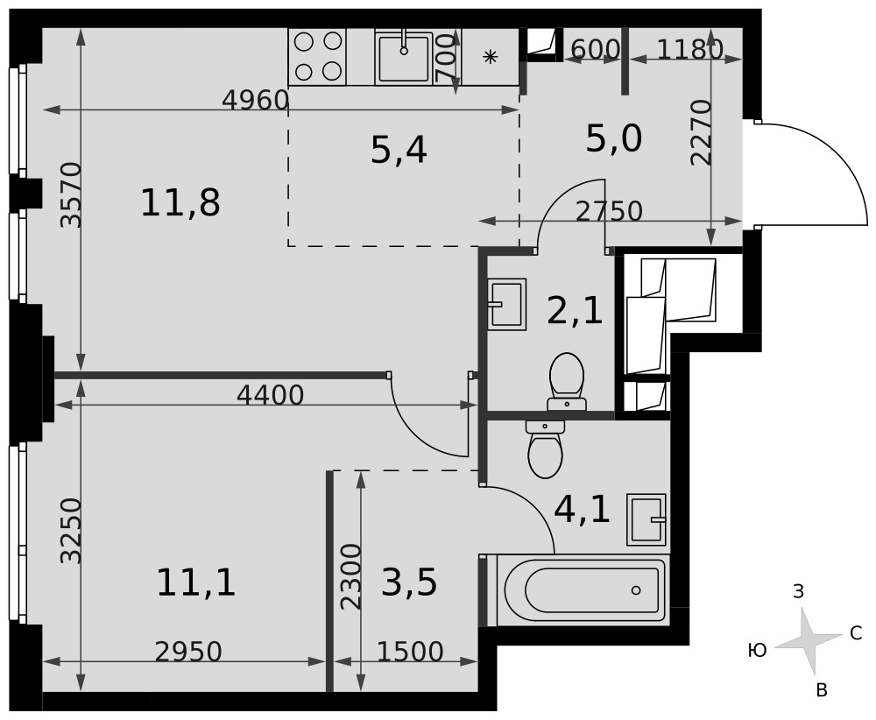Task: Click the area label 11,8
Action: (x=180, y=202)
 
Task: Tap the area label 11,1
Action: (x=195, y=582)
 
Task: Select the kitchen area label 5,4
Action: (x=399, y=150)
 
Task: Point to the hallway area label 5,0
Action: (x=613, y=138)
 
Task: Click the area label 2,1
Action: (x=575, y=311)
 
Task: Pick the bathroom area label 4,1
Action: (x=582, y=509)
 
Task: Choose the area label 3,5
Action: (x=409, y=582)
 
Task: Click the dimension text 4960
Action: (x=255, y=101)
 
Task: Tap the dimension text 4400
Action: (x=270, y=395)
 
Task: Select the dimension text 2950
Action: (x=188, y=652)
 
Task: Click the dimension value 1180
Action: (x=689, y=50)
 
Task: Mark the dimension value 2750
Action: (x=609, y=211)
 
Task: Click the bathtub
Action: (x=583, y=589)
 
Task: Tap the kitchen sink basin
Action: (x=403, y=57)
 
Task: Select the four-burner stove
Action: (x=317, y=57)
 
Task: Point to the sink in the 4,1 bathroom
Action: (x=646, y=519)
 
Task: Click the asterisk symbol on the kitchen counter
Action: (x=490, y=56)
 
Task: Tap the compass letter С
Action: (x=856, y=633)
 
